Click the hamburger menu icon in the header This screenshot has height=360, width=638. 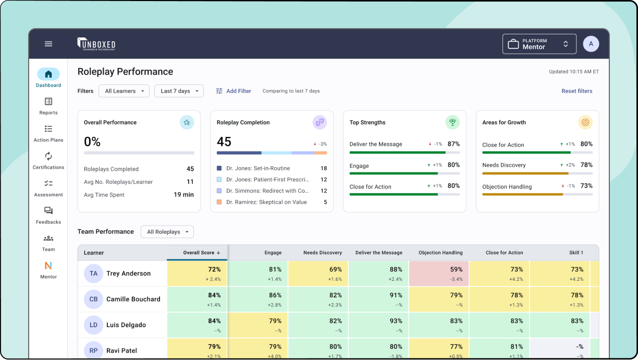[48, 44]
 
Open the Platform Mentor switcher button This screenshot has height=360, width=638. [539, 44]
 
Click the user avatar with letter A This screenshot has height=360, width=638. [591, 44]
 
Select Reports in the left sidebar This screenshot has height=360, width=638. [48, 106]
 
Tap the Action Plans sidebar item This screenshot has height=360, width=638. [48, 133]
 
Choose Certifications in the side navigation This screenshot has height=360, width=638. [48, 160]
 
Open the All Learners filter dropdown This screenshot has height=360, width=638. [124, 91]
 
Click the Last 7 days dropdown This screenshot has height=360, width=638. [179, 91]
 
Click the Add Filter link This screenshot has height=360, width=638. [234, 91]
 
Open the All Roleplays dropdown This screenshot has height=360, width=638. [167, 232]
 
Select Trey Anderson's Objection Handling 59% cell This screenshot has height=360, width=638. [439, 274]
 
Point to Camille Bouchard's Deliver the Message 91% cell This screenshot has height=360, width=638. [378, 299]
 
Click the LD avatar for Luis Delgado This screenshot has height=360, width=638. [93, 325]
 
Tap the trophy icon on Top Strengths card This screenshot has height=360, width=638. [452, 122]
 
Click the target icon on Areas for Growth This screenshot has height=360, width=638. [585, 122]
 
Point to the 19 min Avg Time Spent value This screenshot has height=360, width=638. [183, 195]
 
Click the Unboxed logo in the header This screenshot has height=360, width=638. [96, 44]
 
